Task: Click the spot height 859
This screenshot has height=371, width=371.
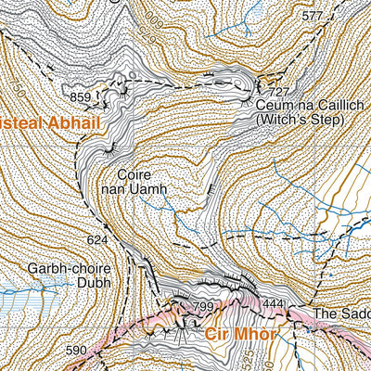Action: tap(81, 96)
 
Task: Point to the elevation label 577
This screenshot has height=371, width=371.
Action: tap(313, 16)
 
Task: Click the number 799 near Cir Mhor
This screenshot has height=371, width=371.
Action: tap(202, 306)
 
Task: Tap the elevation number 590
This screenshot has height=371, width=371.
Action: tap(76, 350)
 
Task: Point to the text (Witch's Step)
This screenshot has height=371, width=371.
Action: tap(296, 121)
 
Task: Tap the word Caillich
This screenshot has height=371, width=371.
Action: tap(318, 107)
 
